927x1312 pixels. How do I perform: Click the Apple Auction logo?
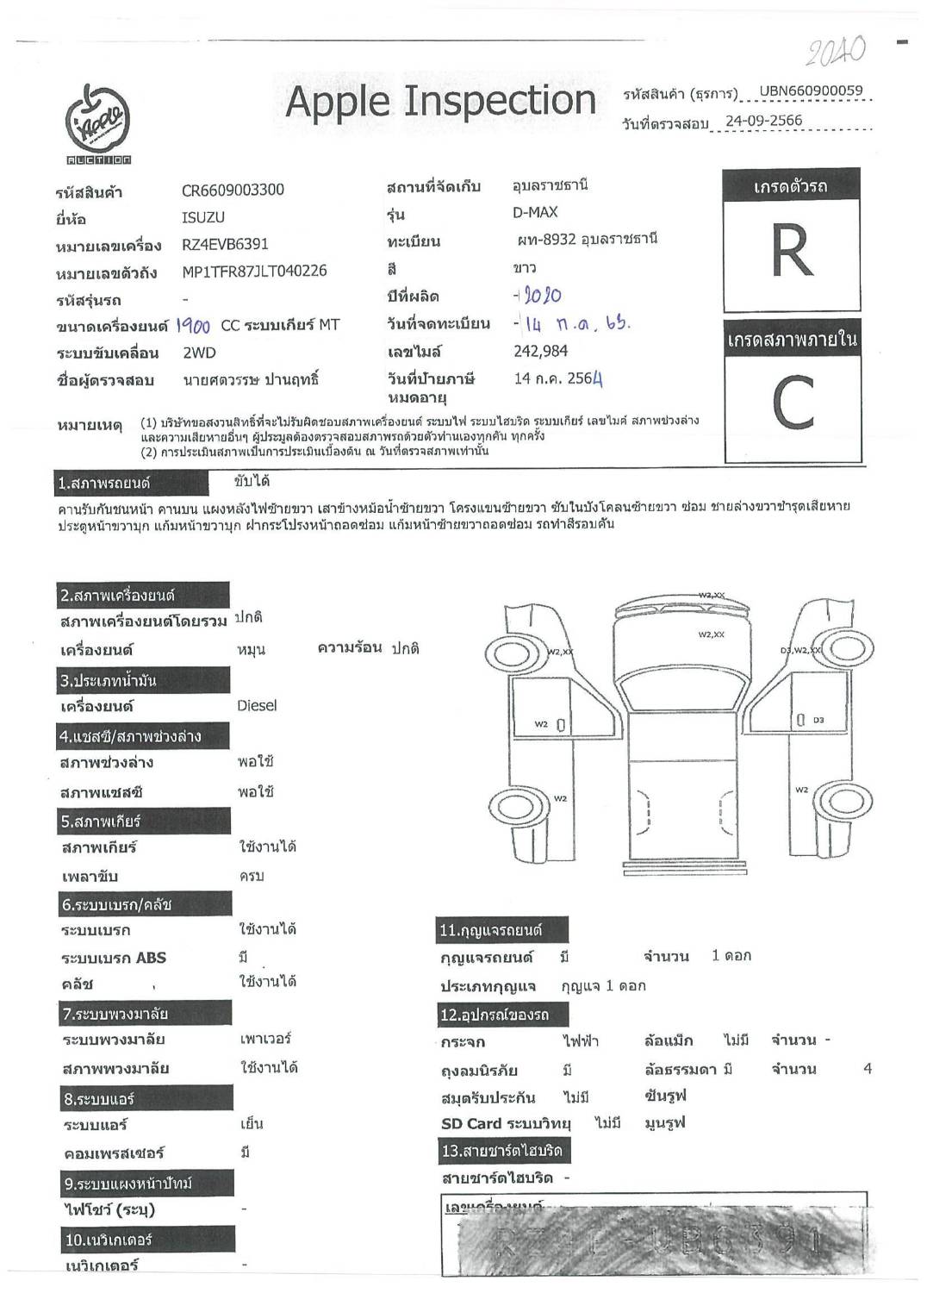click(x=98, y=124)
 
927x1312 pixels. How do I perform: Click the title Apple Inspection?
click(x=440, y=101)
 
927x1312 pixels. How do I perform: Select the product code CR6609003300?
click(x=233, y=190)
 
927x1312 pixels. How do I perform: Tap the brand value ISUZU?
click(x=203, y=218)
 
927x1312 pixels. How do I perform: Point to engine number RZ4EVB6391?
click(x=225, y=244)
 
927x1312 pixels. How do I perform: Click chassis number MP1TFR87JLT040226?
click(x=254, y=271)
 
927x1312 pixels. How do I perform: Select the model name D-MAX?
click(x=535, y=212)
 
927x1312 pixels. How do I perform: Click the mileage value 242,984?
click(x=540, y=351)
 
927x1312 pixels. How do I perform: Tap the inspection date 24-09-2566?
click(x=763, y=121)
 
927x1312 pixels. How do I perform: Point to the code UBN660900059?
click(x=810, y=91)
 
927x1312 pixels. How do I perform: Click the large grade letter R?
click(x=792, y=252)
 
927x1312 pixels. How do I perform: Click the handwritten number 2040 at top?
click(x=836, y=53)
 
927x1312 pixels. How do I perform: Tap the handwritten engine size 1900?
click(x=193, y=325)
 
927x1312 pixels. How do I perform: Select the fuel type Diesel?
click(x=257, y=705)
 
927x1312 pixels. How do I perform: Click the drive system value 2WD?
click(x=199, y=353)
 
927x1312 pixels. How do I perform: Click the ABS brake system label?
click(x=114, y=958)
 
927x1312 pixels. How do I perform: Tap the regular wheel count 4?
click(x=868, y=1069)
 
